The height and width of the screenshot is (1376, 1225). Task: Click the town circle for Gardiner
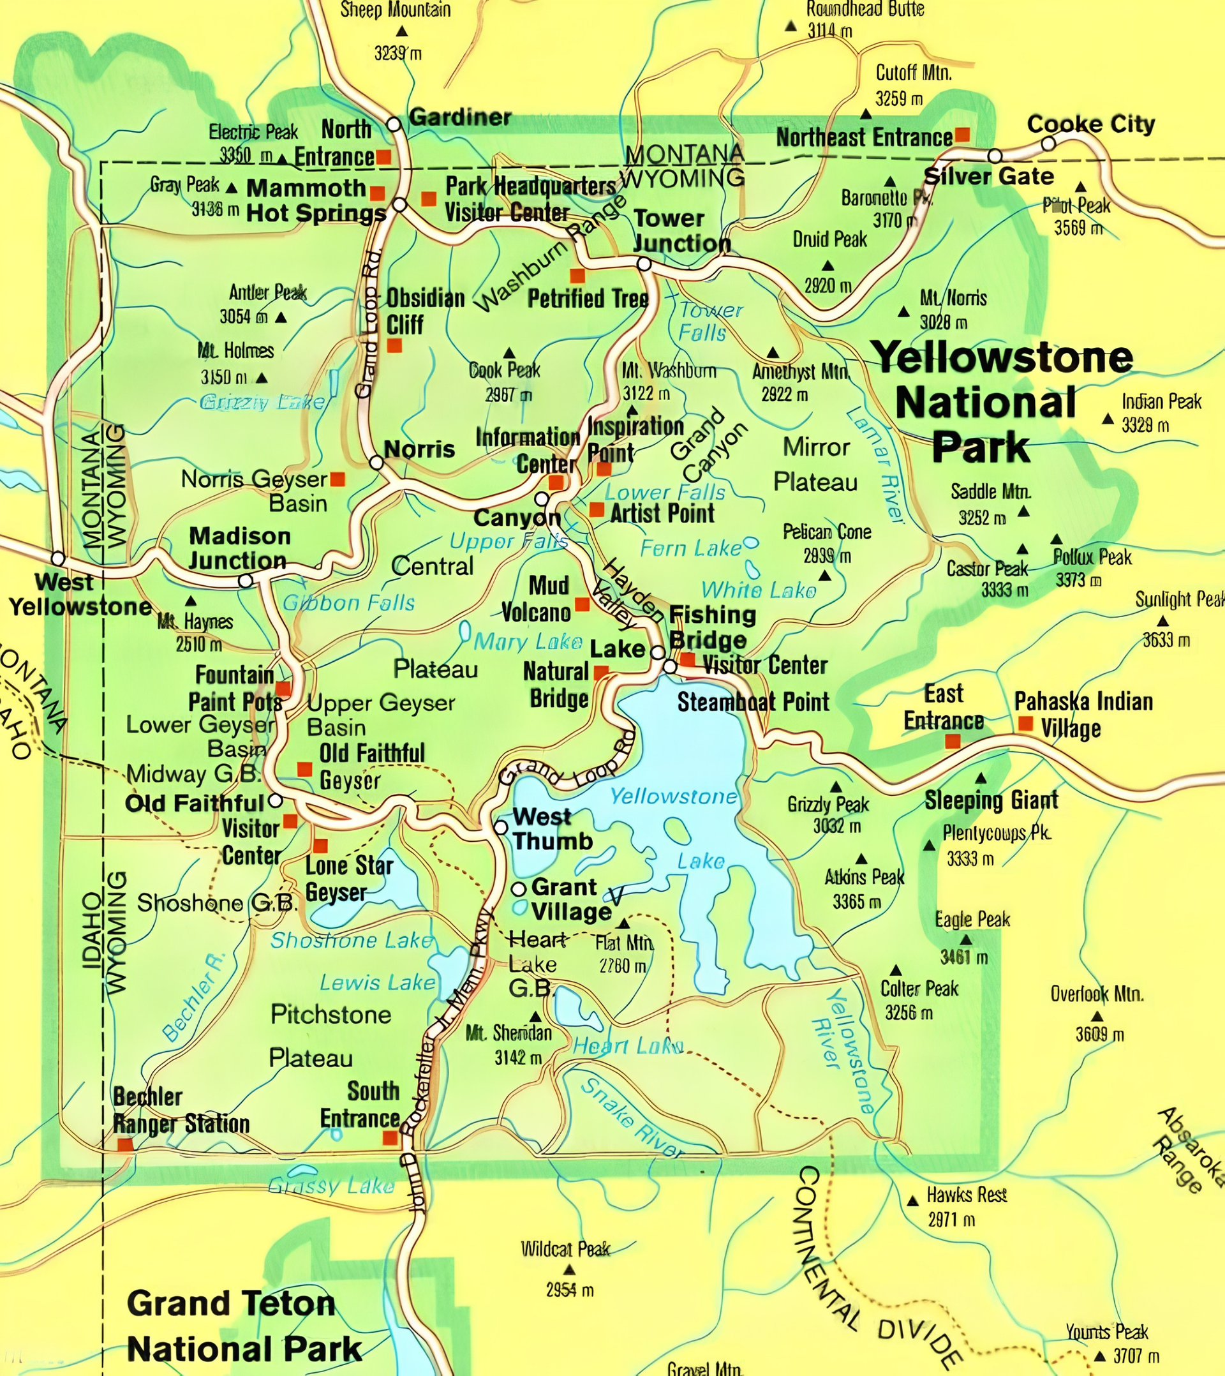(x=394, y=124)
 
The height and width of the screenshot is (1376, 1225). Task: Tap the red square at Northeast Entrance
(x=963, y=135)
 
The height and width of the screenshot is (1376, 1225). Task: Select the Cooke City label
(x=1091, y=124)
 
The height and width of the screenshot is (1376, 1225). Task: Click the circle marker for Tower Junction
(x=644, y=264)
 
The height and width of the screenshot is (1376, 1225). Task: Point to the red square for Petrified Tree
(x=577, y=275)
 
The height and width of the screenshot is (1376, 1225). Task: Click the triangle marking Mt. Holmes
(x=262, y=378)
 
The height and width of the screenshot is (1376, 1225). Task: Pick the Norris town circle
(x=376, y=463)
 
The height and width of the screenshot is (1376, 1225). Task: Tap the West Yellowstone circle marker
(x=59, y=558)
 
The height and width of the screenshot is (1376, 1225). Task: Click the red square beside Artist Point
(x=597, y=509)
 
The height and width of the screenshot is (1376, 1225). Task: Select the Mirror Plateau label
(x=815, y=465)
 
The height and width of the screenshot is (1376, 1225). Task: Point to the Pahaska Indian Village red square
(x=1026, y=724)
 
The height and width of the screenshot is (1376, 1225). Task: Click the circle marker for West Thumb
(x=501, y=827)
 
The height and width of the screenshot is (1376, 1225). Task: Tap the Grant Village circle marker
(x=518, y=889)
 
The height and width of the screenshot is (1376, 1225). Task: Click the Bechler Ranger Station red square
(x=125, y=1145)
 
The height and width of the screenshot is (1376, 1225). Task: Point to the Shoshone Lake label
(x=352, y=941)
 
